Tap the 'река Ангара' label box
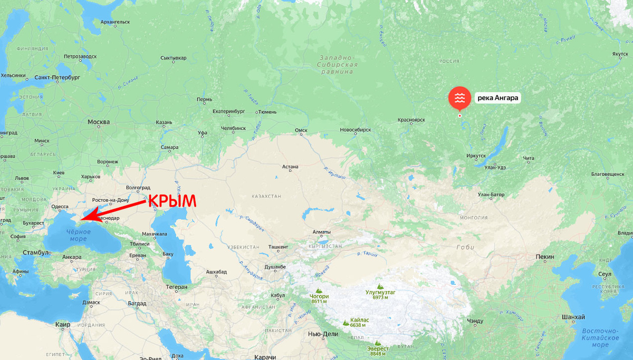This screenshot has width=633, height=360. (x=498, y=98)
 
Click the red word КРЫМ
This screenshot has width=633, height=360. (x=171, y=201)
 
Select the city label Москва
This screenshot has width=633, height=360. (x=99, y=122)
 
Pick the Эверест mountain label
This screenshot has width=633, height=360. (x=379, y=348)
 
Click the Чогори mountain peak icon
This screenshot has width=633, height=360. (x=319, y=290)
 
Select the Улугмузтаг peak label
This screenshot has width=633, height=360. (x=380, y=291)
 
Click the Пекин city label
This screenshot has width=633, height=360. (x=545, y=257)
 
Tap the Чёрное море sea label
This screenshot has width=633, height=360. (x=74, y=235)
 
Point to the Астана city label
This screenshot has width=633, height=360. (x=290, y=167)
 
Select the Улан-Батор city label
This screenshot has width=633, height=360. (x=491, y=194)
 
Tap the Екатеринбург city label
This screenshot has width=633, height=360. (x=229, y=111)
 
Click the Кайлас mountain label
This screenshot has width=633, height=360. (x=360, y=320)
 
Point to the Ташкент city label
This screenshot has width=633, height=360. (x=279, y=246)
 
